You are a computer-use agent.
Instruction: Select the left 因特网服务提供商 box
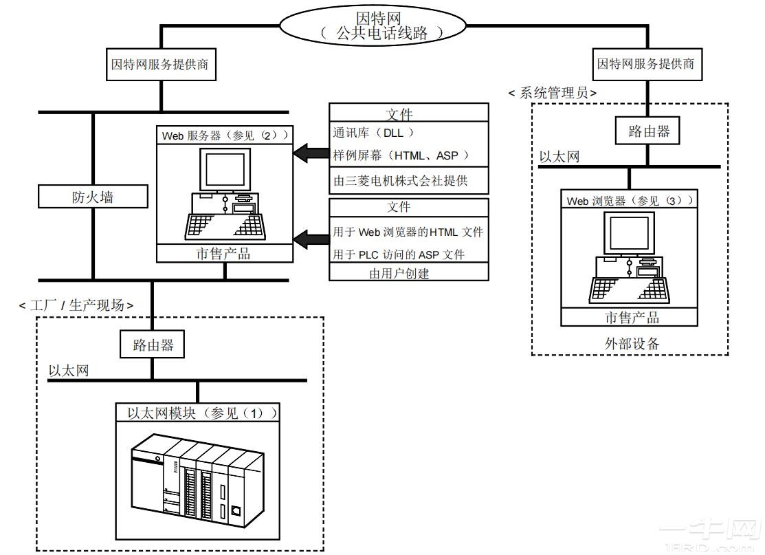tap(159, 65)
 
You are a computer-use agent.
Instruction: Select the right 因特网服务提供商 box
tap(645, 65)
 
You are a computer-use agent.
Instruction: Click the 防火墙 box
tap(93, 197)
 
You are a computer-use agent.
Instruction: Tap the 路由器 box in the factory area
tap(153, 345)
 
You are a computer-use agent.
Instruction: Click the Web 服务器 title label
tap(225, 135)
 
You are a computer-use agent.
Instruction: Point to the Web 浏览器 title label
tap(630, 201)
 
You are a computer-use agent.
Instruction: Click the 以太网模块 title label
tap(202, 413)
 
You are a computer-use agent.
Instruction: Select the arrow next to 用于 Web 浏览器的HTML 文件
tap(310, 239)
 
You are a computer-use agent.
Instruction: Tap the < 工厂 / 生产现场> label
tap(76, 305)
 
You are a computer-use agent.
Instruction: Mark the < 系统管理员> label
tap(553, 93)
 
